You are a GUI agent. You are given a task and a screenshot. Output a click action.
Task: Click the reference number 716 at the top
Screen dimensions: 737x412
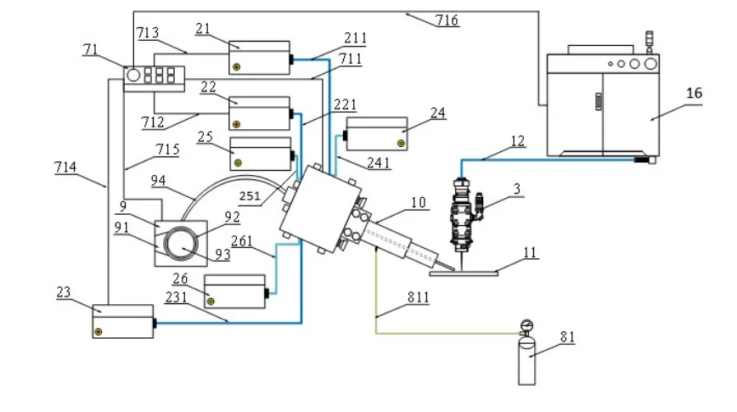click(x=446, y=20)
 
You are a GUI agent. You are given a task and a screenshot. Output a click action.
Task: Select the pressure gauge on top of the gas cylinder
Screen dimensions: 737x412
click(x=526, y=325)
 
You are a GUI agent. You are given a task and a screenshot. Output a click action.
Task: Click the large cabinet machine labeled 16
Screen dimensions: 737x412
click(x=604, y=104)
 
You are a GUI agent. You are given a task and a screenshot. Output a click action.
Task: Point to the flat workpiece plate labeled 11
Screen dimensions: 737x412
click(x=464, y=273)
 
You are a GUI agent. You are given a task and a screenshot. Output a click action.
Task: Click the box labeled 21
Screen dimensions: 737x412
click(x=259, y=58)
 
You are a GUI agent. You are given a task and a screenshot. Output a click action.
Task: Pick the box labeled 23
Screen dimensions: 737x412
click(x=123, y=321)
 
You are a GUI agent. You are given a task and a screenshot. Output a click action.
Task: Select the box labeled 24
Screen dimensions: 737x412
click(x=376, y=134)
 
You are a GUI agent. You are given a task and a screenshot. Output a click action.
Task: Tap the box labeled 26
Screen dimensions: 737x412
click(x=234, y=291)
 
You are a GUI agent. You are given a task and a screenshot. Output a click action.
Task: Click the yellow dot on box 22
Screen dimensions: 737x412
click(x=236, y=125)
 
